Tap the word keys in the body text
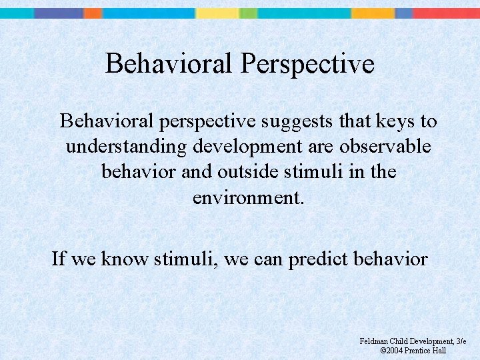point(397,121)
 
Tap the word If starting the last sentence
point(59,258)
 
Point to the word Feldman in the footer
point(373,341)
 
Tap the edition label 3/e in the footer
point(461,341)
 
